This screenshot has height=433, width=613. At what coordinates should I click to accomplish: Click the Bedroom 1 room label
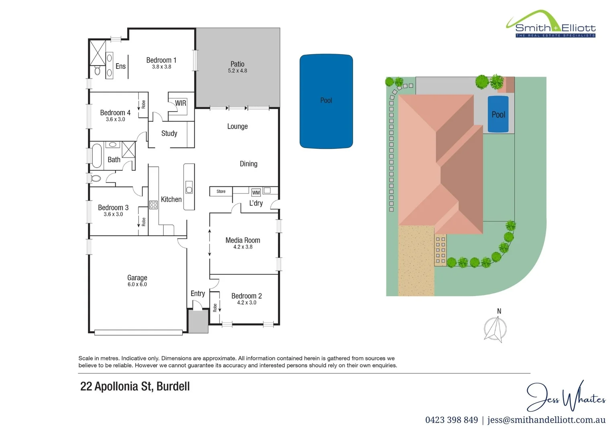pos(161,60)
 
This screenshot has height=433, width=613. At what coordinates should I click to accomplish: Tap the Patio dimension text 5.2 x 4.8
pos(237,71)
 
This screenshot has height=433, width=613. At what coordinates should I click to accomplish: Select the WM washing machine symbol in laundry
pos(256,192)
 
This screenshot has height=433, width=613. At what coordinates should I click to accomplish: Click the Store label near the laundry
pos(221,192)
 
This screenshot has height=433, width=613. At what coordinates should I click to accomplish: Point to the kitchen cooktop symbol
pos(153,205)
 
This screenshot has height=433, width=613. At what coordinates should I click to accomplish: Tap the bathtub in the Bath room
pos(97,156)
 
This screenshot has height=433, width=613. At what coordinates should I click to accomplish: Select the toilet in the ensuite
pos(97,71)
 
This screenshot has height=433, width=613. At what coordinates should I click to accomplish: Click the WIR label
pos(181,103)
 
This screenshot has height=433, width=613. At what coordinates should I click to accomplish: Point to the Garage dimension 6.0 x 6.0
pos(137,285)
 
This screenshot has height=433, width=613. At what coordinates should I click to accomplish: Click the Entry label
pos(197,293)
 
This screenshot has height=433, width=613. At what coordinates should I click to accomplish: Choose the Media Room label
pos(243,240)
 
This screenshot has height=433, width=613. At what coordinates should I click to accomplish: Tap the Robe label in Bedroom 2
pos(215,308)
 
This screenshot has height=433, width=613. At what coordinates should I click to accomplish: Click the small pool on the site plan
pos(498,115)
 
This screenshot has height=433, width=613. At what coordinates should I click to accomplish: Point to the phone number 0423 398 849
pos(451,420)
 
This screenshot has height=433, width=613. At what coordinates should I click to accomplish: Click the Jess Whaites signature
pos(566,397)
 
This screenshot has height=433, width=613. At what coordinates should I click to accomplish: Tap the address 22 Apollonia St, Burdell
pos(135,386)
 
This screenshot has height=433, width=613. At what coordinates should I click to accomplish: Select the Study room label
pos(169,134)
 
